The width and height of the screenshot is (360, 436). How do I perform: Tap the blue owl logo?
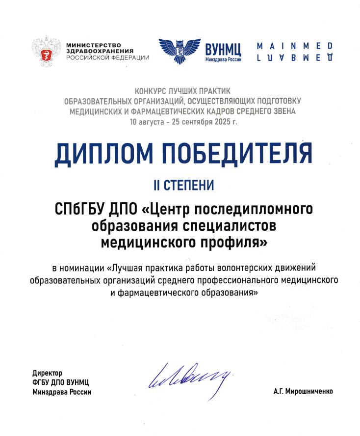180,51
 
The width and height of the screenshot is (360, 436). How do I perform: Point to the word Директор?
48,373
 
